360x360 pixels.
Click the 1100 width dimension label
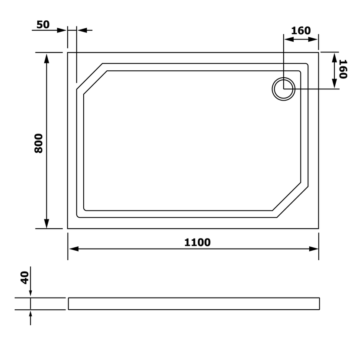[x=197, y=242]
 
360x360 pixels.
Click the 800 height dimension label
[x=39, y=143]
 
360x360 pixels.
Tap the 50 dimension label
[x=43, y=25]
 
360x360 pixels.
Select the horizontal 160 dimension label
[x=301, y=30]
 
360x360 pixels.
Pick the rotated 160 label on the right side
[x=343, y=69]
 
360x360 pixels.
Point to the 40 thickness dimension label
[x=25, y=278]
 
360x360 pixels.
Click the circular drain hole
[x=284, y=89]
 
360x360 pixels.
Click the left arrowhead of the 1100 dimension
[x=74, y=249]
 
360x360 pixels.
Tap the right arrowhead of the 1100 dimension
[x=314, y=249]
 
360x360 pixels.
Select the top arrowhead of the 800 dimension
[x=46, y=59]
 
